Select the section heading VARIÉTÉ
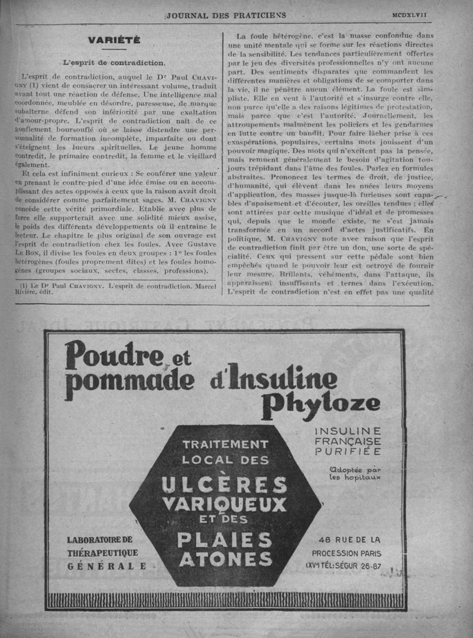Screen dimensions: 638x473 (114, 40)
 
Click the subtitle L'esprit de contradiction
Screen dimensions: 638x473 (114, 62)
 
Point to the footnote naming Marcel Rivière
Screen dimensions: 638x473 (114, 290)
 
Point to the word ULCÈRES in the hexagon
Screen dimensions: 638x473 (224, 485)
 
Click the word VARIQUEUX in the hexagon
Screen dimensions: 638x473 (224, 505)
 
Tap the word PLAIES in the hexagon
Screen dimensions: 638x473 (225, 540)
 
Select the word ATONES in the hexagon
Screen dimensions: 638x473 (225, 559)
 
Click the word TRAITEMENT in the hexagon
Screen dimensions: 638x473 (225, 444)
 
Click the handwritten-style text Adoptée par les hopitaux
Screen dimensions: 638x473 (355, 473)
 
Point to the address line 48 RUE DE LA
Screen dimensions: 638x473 (349, 539)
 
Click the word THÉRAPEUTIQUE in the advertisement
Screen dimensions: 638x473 (102, 552)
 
